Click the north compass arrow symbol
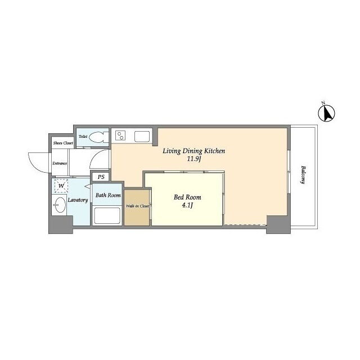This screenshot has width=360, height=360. click(x=326, y=112)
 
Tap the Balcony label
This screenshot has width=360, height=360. click(x=304, y=174)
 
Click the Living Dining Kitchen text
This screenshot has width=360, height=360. click(x=193, y=151)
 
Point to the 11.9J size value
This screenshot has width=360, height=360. click(x=194, y=159)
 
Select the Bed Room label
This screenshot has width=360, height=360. click(x=187, y=197)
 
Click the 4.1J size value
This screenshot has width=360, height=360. click(x=187, y=205)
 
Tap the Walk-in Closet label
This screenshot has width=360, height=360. click(x=137, y=206)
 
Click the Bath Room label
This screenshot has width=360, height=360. click(x=108, y=195)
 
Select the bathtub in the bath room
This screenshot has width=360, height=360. click(x=107, y=215)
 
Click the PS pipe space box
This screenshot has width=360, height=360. click(x=101, y=177)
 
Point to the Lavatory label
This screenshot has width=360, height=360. click(x=78, y=200)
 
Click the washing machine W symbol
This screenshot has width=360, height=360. click(x=61, y=186)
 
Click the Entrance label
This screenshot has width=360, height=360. click(x=60, y=164)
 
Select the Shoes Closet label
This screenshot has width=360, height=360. click(x=63, y=143)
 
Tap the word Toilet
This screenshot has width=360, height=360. click(x=83, y=136)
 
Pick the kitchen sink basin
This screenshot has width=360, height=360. click(x=142, y=136)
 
